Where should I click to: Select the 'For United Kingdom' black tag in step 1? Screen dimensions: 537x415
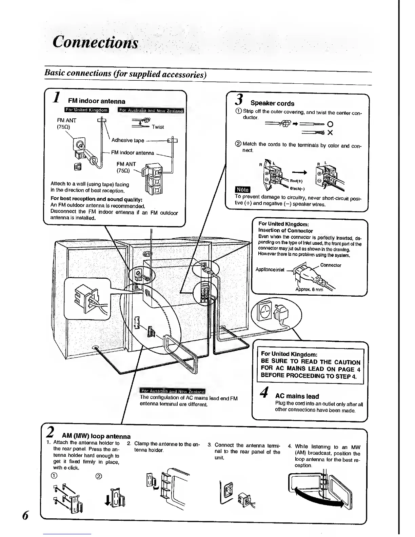(x=86, y=110)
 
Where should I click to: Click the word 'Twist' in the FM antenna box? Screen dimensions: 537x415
(x=158, y=127)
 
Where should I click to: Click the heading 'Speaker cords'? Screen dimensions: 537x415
(x=272, y=103)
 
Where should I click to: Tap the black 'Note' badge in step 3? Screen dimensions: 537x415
(x=242, y=189)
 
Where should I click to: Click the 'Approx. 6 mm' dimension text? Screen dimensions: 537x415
(x=309, y=290)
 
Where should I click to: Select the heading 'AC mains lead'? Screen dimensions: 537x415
(x=297, y=396)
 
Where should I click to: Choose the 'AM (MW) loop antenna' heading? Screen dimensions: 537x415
(x=96, y=436)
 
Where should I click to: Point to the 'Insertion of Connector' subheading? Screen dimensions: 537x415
(x=285, y=231)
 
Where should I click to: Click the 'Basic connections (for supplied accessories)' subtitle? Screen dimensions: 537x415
(x=125, y=74)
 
